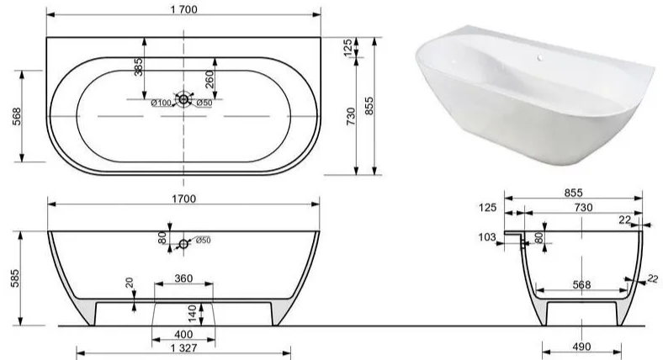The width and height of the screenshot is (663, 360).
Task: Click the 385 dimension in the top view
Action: (138, 66)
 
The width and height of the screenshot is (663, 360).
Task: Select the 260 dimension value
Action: (210, 79)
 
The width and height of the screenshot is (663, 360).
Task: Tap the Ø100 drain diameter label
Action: (161, 103)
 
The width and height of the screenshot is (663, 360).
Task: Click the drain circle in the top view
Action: (183, 99)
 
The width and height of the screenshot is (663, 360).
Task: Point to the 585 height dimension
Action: (15, 278)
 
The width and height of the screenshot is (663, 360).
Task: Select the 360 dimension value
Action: (183, 278)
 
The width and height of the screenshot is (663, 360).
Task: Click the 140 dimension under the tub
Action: (193, 314)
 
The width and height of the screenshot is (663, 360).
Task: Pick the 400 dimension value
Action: (183, 334)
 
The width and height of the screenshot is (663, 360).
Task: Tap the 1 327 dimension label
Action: (184, 348)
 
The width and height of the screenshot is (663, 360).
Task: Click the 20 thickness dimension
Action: (130, 283)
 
